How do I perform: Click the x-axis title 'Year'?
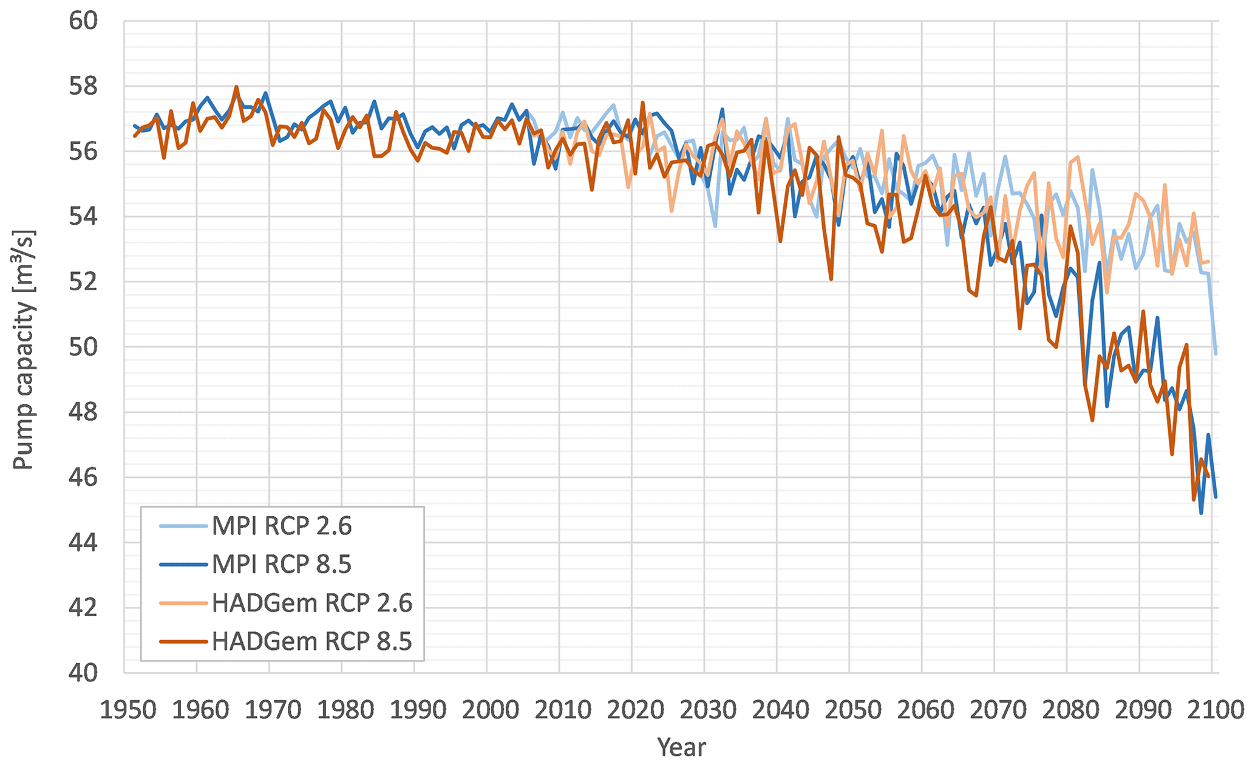coord(681,747)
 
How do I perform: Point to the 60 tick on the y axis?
coord(83,21)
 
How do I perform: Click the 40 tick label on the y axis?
coord(83,673)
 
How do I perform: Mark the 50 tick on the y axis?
coord(83,347)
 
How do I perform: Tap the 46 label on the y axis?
coord(83,478)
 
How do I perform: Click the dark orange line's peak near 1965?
coord(236,87)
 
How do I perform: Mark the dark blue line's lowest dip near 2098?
coord(1201,513)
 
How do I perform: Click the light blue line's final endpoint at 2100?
coord(1216,353)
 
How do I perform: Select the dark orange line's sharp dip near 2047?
coord(831,279)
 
